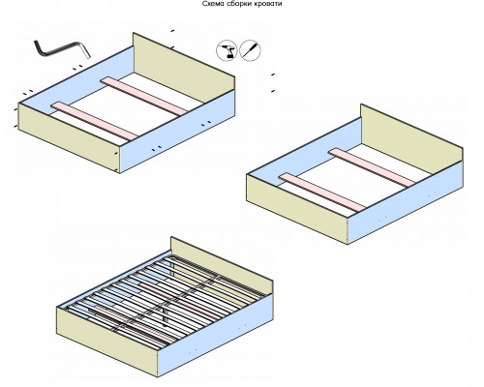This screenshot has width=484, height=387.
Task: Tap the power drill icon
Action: coord(227,50)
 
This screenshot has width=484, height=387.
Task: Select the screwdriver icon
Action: coord(251,50)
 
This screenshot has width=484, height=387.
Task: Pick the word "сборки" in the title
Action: coord(239,4)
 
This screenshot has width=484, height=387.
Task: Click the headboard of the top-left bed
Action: coord(184,68)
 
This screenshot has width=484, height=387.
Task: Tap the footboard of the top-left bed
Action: coord(70,138)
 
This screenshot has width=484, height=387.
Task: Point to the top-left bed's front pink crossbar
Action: coord(94,121)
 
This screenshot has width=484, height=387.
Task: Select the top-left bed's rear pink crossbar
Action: coord(144,96)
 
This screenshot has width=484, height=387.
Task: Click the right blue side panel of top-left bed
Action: coord(177,131)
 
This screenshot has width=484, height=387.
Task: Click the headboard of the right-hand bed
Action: coord(411,139)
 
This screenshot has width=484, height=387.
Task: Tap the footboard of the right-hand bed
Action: coord(297,209)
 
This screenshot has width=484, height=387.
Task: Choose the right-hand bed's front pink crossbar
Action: coord(322,193)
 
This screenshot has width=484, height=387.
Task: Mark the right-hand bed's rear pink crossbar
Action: coord(372,167)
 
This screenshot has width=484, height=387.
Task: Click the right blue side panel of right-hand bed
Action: coord(406,202)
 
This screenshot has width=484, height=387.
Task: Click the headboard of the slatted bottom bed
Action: coord(222,266)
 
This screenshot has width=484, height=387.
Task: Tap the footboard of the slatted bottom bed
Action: coord(107,342)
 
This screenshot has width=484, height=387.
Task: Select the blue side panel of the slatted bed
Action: coord(216,336)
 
